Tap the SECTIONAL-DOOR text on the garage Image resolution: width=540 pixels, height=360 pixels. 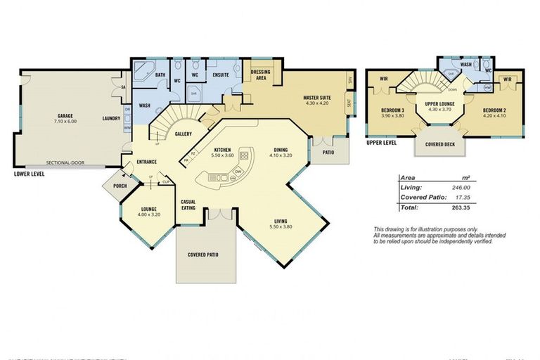[x=65, y=162]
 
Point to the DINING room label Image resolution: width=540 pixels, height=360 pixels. [x=280, y=149]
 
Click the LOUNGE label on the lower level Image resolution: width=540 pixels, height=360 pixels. [x=149, y=209]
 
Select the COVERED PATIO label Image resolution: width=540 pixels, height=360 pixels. [x=202, y=254]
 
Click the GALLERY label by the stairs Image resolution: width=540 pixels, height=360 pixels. [x=184, y=134]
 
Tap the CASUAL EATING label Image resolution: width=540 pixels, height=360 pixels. [x=188, y=204]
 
